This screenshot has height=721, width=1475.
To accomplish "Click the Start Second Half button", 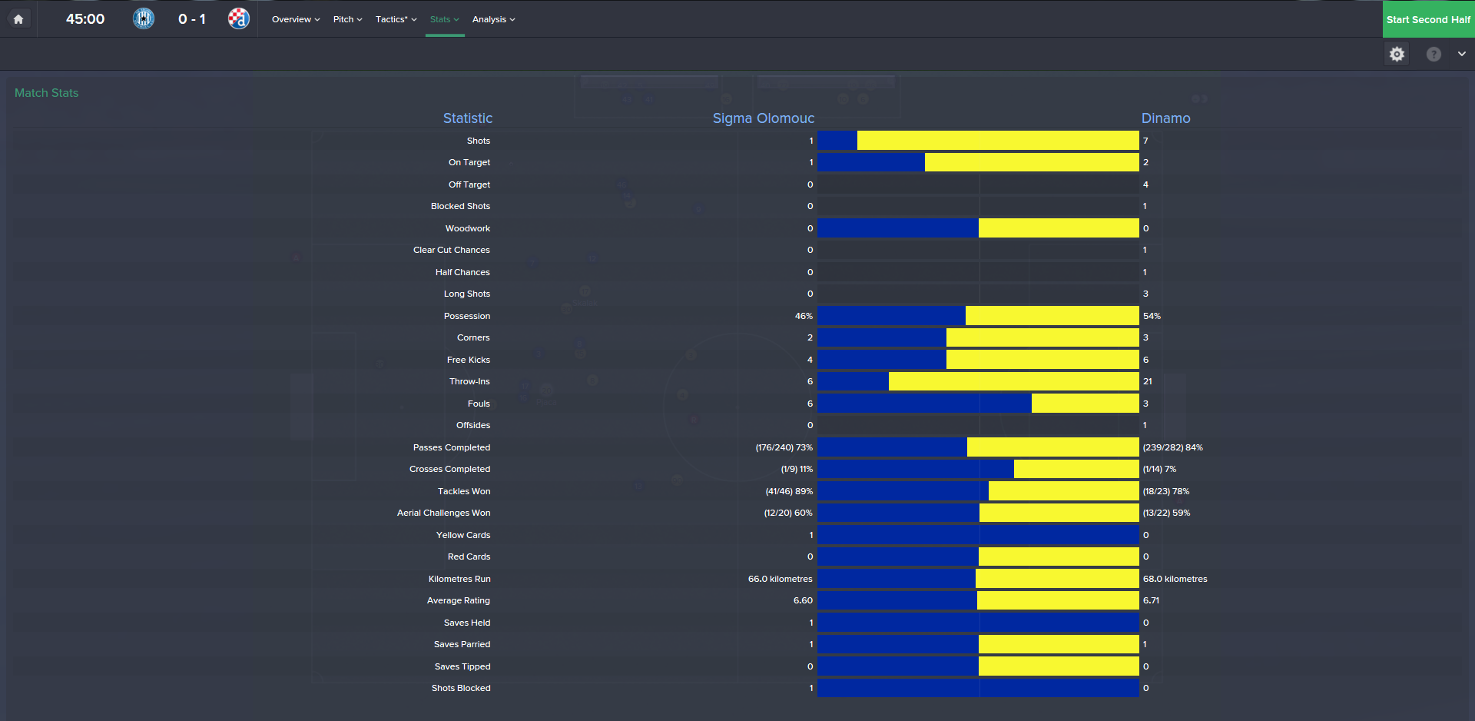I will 1427,19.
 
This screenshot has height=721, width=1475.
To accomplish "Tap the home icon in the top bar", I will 18,19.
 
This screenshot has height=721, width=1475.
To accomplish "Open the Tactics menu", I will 395,19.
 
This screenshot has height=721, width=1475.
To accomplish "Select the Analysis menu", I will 492,19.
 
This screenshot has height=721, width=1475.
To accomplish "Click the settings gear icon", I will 1397,54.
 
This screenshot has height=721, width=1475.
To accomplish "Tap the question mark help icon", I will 1434,54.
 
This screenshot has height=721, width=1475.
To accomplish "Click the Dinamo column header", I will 1165,118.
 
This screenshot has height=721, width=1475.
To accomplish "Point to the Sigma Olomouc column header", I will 763,118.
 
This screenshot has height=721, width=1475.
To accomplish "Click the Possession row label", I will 466,316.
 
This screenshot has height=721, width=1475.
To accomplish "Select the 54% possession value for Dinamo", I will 1152,316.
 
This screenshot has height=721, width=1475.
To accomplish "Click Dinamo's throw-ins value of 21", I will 1148,381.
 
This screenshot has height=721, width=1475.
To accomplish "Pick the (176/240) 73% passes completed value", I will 784,447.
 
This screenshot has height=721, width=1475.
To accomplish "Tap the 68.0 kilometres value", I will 1175,579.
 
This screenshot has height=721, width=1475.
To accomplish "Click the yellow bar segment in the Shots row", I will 997,141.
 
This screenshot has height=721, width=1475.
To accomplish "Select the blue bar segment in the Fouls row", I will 923,404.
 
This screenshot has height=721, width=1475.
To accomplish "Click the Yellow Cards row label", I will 462,535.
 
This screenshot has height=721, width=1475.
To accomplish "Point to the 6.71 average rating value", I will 1151,600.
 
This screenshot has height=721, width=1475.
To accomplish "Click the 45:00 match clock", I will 85,19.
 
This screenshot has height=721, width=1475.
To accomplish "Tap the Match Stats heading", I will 47,93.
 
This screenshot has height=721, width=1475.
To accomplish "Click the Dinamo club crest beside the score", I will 238,18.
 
